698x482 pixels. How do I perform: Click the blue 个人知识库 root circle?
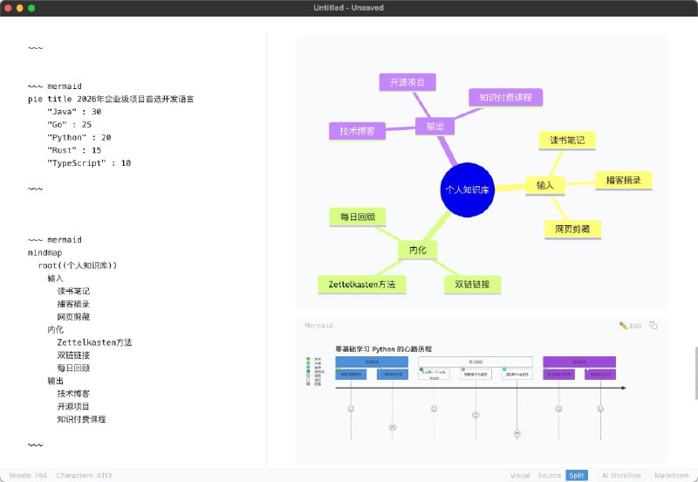tap(469, 189)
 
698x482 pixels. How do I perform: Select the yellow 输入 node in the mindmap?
tap(545, 185)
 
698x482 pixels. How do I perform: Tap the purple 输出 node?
tap(435, 127)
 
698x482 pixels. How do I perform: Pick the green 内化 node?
tap(417, 250)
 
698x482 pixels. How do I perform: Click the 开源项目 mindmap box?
tap(407, 82)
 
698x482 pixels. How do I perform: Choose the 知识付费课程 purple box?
tap(506, 97)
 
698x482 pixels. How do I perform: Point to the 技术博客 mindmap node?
tap(357, 131)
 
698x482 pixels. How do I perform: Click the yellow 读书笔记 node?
tap(567, 140)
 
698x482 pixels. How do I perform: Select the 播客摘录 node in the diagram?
tap(623, 181)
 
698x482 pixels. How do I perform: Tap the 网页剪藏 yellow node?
tap(572, 230)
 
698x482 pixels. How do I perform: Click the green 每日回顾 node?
tap(358, 217)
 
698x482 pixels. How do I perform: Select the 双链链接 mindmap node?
tap(472, 285)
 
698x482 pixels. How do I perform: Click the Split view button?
tap(576, 475)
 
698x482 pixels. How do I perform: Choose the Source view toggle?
tap(548, 475)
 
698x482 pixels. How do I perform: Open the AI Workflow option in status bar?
tap(621, 475)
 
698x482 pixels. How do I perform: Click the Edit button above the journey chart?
tap(630, 326)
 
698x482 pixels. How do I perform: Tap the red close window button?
tap(8, 8)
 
